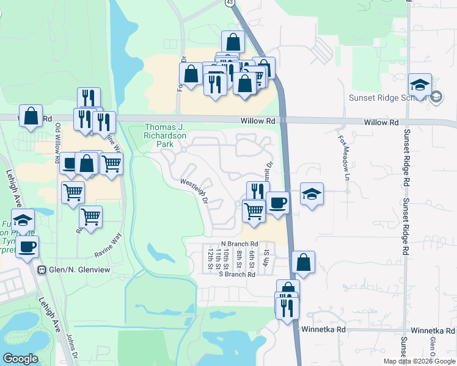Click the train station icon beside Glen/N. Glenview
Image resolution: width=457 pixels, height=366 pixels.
pyautogui.click(x=42, y=270)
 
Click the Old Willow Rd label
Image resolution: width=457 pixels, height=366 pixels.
pyautogui.click(x=58, y=144)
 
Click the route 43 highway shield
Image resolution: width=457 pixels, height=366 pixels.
pyautogui.click(x=229, y=3)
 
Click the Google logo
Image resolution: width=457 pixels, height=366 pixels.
pyautogui.click(x=20, y=359)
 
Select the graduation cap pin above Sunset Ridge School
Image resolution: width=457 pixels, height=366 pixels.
pyautogui.click(x=420, y=85)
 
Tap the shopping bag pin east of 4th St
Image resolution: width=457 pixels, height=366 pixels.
pyautogui.click(x=303, y=262)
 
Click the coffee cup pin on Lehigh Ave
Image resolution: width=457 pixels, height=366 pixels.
pyautogui.click(x=27, y=247)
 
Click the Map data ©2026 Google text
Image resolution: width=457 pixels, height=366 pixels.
pyautogui.click(x=419, y=361)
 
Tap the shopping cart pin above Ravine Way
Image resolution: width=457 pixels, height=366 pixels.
pyautogui.click(x=90, y=217)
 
